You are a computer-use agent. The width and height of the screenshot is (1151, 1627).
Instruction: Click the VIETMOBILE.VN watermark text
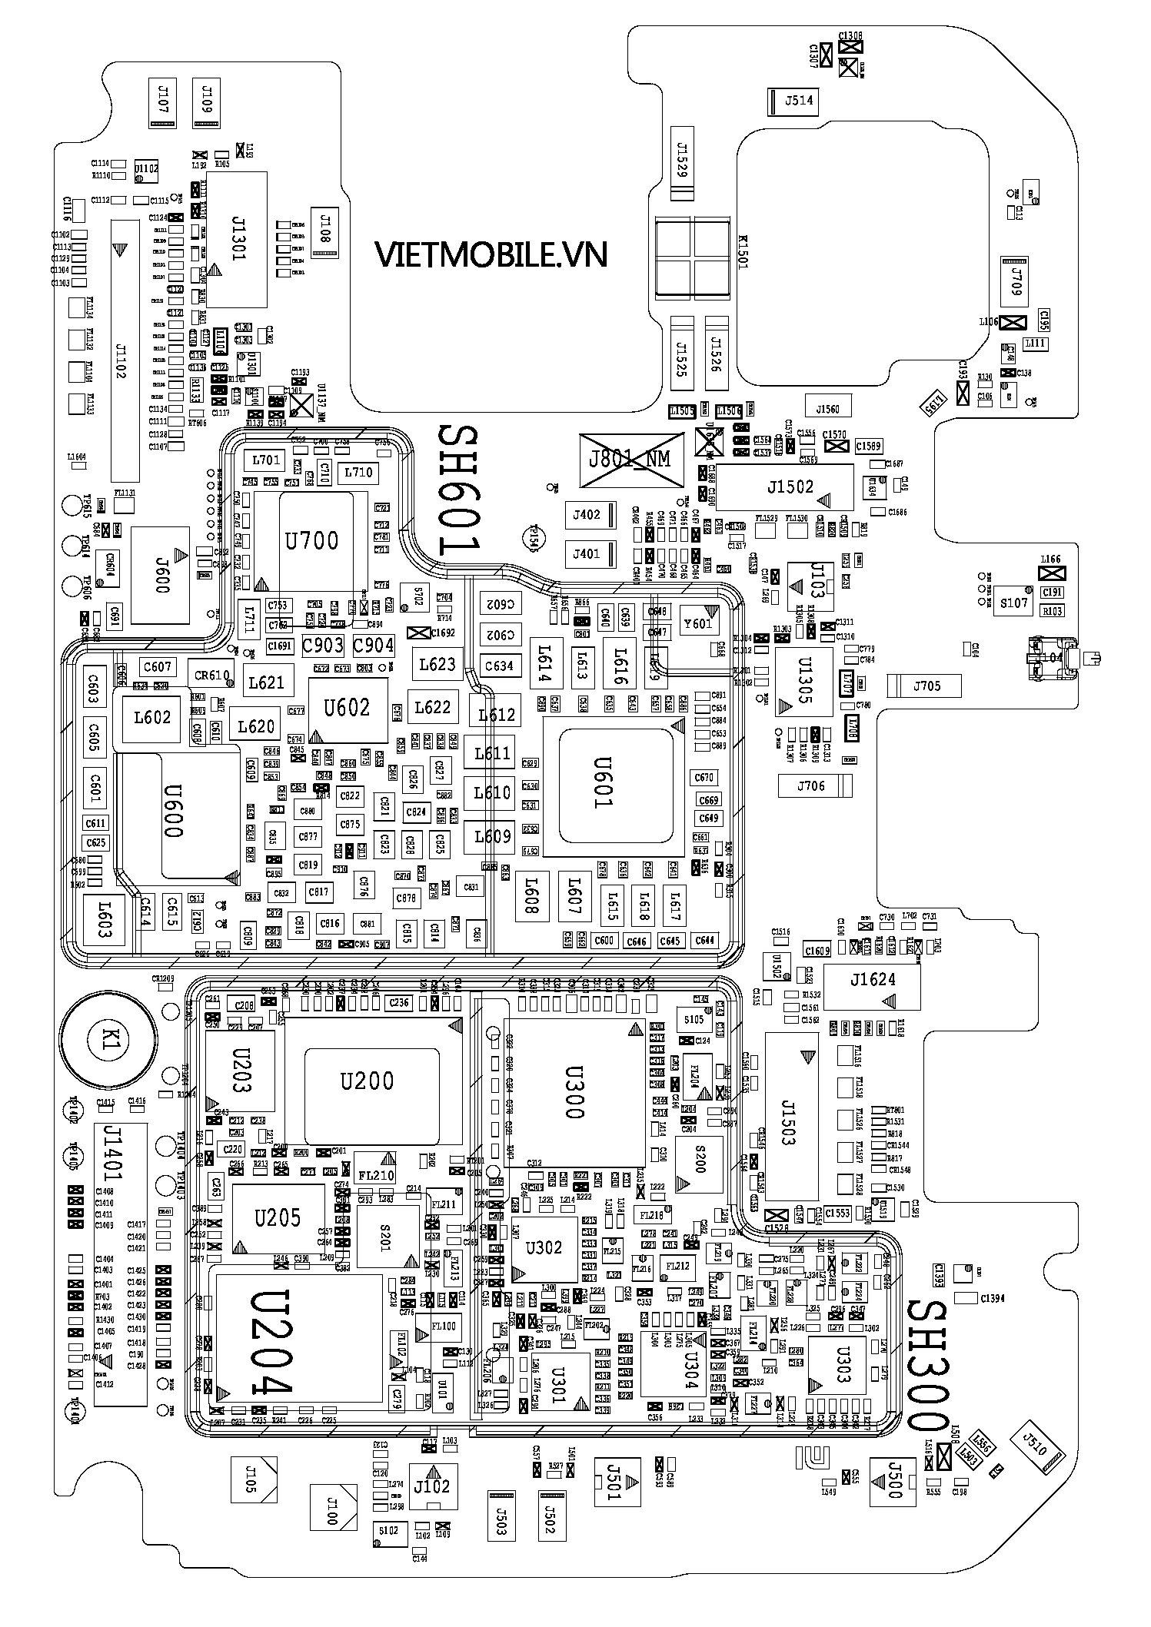pyautogui.click(x=491, y=254)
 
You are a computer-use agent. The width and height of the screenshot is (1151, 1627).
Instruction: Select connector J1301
pyautogui.click(x=238, y=239)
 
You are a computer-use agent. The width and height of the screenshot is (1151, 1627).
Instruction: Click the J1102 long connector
pyautogui.click(x=125, y=347)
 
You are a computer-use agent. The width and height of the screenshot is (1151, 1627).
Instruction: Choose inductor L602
pyautogui.click(x=151, y=718)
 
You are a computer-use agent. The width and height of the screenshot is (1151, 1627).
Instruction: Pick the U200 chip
pyautogui.click(x=371, y=1082)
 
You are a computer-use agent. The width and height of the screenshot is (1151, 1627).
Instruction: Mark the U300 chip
pyautogui.click(x=574, y=1092)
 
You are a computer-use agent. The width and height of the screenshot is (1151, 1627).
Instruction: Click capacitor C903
pyautogui.click(x=323, y=644)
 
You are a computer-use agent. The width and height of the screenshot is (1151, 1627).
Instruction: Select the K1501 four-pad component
pyautogui.click(x=691, y=256)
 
